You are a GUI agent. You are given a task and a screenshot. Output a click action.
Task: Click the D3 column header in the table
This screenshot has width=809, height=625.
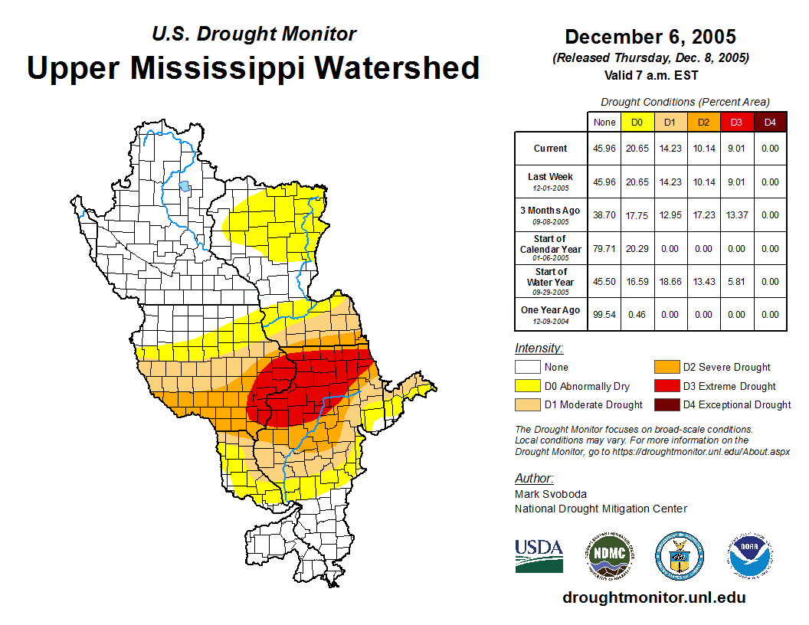[737, 122]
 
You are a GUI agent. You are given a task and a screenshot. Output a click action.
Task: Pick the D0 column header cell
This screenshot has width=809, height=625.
[637, 122]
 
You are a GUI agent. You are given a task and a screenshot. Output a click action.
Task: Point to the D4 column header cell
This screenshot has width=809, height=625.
[770, 122]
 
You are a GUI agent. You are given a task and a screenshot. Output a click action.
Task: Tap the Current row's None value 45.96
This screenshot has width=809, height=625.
[604, 149]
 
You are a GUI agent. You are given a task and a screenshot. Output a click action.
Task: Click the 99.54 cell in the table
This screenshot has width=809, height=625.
[604, 315]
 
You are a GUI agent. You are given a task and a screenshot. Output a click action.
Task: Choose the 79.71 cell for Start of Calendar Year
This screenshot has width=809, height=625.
[604, 249]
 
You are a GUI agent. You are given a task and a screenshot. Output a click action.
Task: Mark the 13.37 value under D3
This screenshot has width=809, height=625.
[737, 215]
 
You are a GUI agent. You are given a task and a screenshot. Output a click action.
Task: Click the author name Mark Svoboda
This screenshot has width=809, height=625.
[550, 494]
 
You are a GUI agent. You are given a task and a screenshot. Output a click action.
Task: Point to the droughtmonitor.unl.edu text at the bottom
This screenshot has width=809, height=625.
[653, 597]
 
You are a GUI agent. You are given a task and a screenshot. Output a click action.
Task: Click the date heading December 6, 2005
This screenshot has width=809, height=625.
[650, 37]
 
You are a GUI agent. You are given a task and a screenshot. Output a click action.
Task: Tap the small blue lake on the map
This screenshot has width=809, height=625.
[184, 185]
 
